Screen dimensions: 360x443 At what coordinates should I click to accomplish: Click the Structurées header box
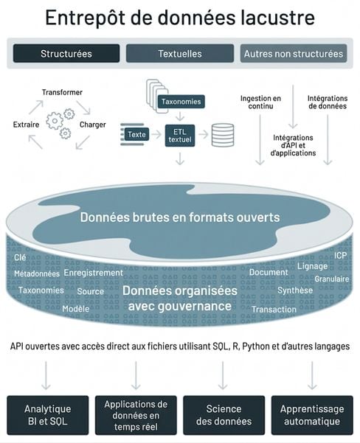[x=66, y=53]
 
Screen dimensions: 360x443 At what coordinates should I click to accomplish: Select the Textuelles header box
[x=180, y=53]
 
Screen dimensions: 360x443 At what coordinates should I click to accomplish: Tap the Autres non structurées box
[x=294, y=53]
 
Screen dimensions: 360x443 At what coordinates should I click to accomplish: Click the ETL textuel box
[x=180, y=136]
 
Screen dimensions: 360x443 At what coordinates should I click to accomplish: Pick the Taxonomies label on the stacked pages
[x=181, y=102]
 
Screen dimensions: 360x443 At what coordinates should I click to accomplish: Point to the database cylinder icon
[x=223, y=136]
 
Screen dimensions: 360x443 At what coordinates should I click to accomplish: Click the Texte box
[x=136, y=134]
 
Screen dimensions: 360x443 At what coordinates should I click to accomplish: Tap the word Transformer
[x=62, y=92]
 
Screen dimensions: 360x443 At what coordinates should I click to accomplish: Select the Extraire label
[x=26, y=125]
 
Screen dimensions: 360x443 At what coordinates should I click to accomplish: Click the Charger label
[x=93, y=125]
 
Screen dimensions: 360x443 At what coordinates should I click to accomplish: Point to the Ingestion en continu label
[x=260, y=102]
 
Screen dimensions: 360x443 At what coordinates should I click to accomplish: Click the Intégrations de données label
[x=328, y=102]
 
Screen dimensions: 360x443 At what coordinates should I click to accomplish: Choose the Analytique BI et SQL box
[x=48, y=415]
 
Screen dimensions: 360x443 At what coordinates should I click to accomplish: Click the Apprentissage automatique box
[x=312, y=415]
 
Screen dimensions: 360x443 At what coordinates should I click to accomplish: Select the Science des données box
[x=224, y=415]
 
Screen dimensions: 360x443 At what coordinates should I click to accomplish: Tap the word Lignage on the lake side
[x=313, y=266]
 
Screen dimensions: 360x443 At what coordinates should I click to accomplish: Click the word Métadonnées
[x=37, y=273]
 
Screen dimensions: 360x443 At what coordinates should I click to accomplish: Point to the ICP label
[x=341, y=255]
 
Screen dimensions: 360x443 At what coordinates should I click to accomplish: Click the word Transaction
[x=274, y=310]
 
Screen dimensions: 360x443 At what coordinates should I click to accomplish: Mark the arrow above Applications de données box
[x=136, y=375]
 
